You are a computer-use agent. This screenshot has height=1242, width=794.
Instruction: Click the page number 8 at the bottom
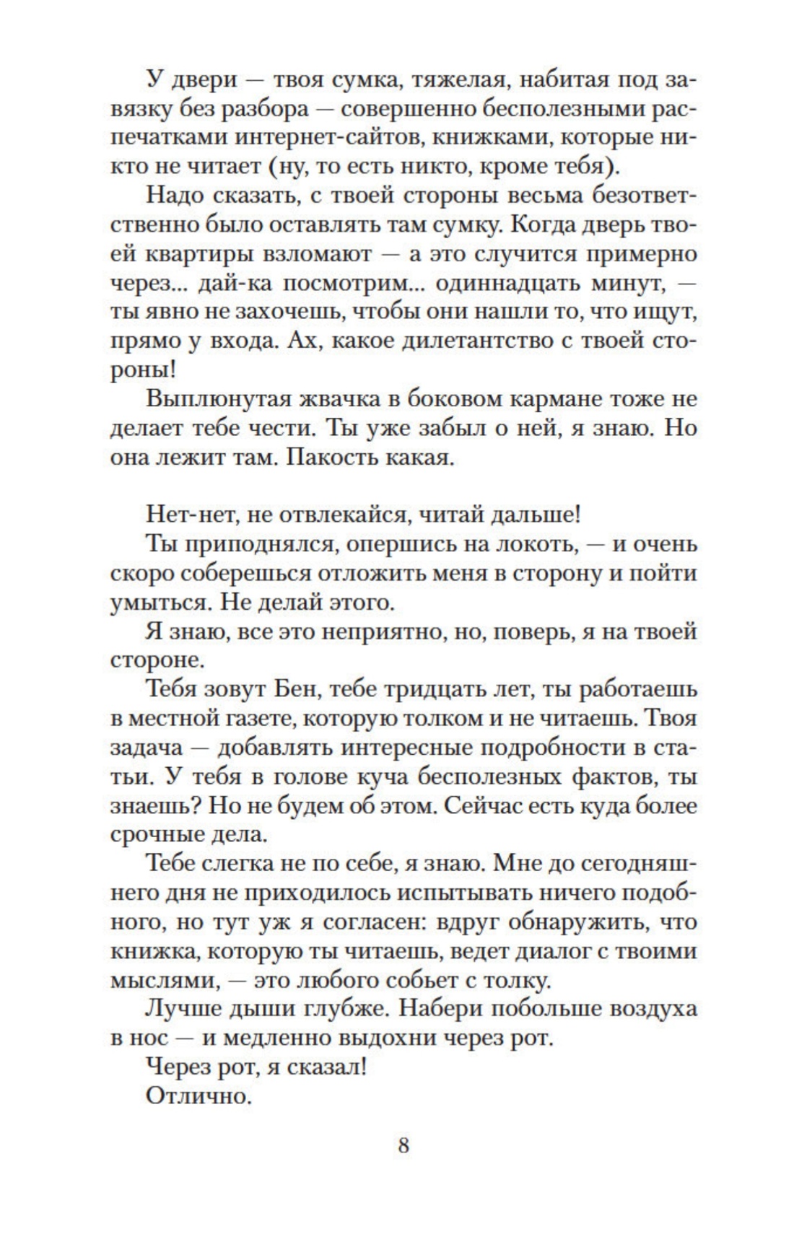(x=403, y=1145)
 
